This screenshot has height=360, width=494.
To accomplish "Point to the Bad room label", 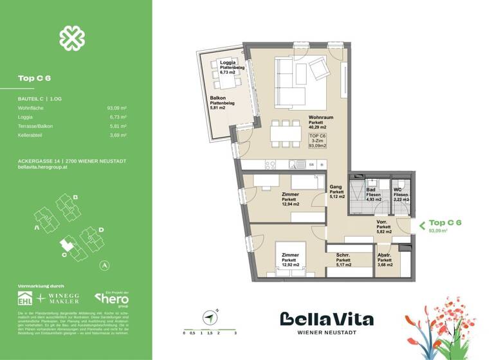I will coord(371,190).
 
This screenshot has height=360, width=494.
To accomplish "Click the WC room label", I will coord(398,190).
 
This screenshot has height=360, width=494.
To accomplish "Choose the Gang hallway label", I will coord(336,186).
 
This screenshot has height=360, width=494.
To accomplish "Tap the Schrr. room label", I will coord(343,255).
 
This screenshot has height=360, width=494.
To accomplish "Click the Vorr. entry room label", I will coord(384,222).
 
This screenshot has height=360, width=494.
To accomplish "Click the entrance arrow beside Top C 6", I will coord(421,225).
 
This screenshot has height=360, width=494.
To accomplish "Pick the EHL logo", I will coord(26,299).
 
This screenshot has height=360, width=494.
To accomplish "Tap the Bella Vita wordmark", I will coord(326,319).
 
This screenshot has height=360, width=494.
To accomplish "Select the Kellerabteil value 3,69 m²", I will coord(117,136).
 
